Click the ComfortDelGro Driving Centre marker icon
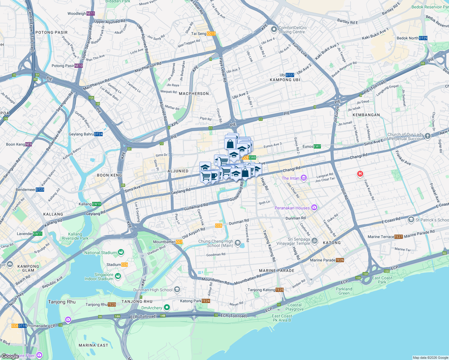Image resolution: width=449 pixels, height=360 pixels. (274, 29)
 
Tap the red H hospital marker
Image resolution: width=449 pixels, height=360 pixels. (360, 174)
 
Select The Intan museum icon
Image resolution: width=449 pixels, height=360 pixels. (304, 178)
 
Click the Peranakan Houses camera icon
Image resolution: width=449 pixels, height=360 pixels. (314, 207)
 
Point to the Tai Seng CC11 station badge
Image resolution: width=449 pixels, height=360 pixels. (211, 34)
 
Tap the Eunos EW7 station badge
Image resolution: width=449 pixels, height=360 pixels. (317, 146)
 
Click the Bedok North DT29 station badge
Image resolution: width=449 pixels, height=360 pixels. (423, 38)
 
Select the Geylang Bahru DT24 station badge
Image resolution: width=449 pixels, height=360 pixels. (98, 134)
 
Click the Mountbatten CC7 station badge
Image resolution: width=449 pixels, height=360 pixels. (179, 242)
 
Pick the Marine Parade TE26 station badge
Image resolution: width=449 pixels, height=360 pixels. (340, 260)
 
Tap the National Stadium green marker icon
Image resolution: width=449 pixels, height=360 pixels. (121, 252)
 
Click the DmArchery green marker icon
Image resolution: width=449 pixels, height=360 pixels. (167, 307)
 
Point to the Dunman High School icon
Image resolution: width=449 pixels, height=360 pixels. (177, 289)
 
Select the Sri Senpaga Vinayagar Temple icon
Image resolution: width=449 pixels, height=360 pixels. (315, 241)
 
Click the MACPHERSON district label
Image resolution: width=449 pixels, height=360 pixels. (194, 94)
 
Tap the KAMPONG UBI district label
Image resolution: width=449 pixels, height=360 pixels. (285, 80)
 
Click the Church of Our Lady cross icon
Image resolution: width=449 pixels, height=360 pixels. (428, 136)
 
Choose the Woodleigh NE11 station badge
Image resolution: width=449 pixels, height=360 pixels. (90, 13)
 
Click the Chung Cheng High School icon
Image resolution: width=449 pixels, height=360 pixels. (237, 243)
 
